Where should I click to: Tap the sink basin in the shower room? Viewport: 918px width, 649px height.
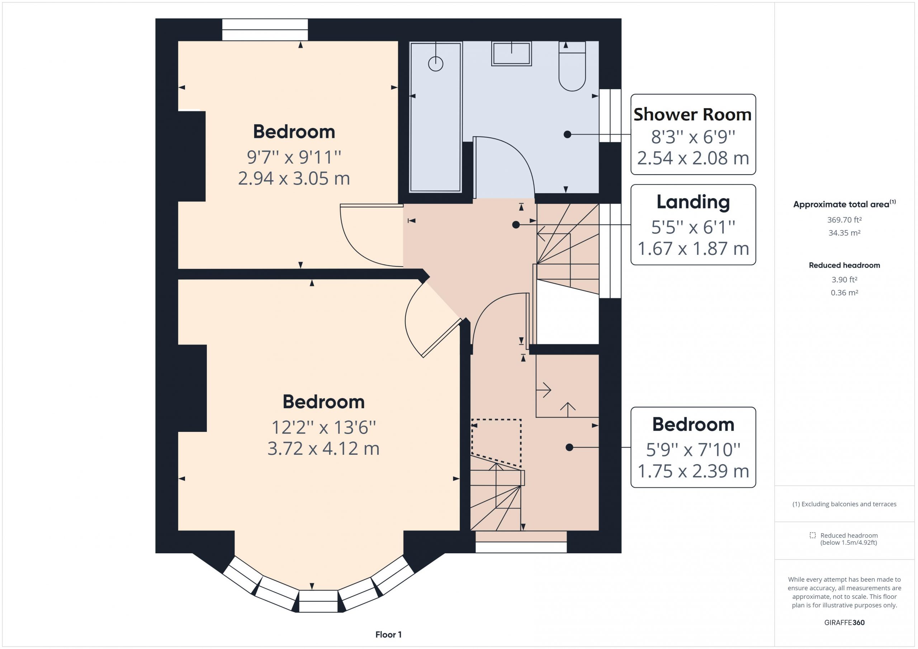[511, 53]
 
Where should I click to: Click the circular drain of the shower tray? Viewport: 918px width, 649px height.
[435, 64]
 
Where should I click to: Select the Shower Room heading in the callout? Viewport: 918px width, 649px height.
[692, 115]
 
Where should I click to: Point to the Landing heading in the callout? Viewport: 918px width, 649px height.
[693, 202]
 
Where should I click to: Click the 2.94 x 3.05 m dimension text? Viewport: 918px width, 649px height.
[294, 178]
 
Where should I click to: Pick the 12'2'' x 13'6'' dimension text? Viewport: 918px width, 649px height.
[323, 427]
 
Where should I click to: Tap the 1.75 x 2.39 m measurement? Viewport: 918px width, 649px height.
[693, 471]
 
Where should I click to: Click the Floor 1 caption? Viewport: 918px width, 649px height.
[388, 635]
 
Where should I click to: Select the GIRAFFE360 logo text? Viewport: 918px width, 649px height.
[844, 622]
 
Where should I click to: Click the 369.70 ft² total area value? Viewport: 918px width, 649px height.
[844, 220]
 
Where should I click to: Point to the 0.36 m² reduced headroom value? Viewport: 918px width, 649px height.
[844, 292]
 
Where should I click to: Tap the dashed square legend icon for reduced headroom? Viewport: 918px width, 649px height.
[813, 535]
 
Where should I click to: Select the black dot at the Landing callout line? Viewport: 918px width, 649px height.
[516, 225]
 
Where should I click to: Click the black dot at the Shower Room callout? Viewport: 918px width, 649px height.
[567, 135]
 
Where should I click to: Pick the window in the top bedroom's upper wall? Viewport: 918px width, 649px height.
[265, 30]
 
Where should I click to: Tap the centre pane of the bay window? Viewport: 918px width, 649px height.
[318, 601]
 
